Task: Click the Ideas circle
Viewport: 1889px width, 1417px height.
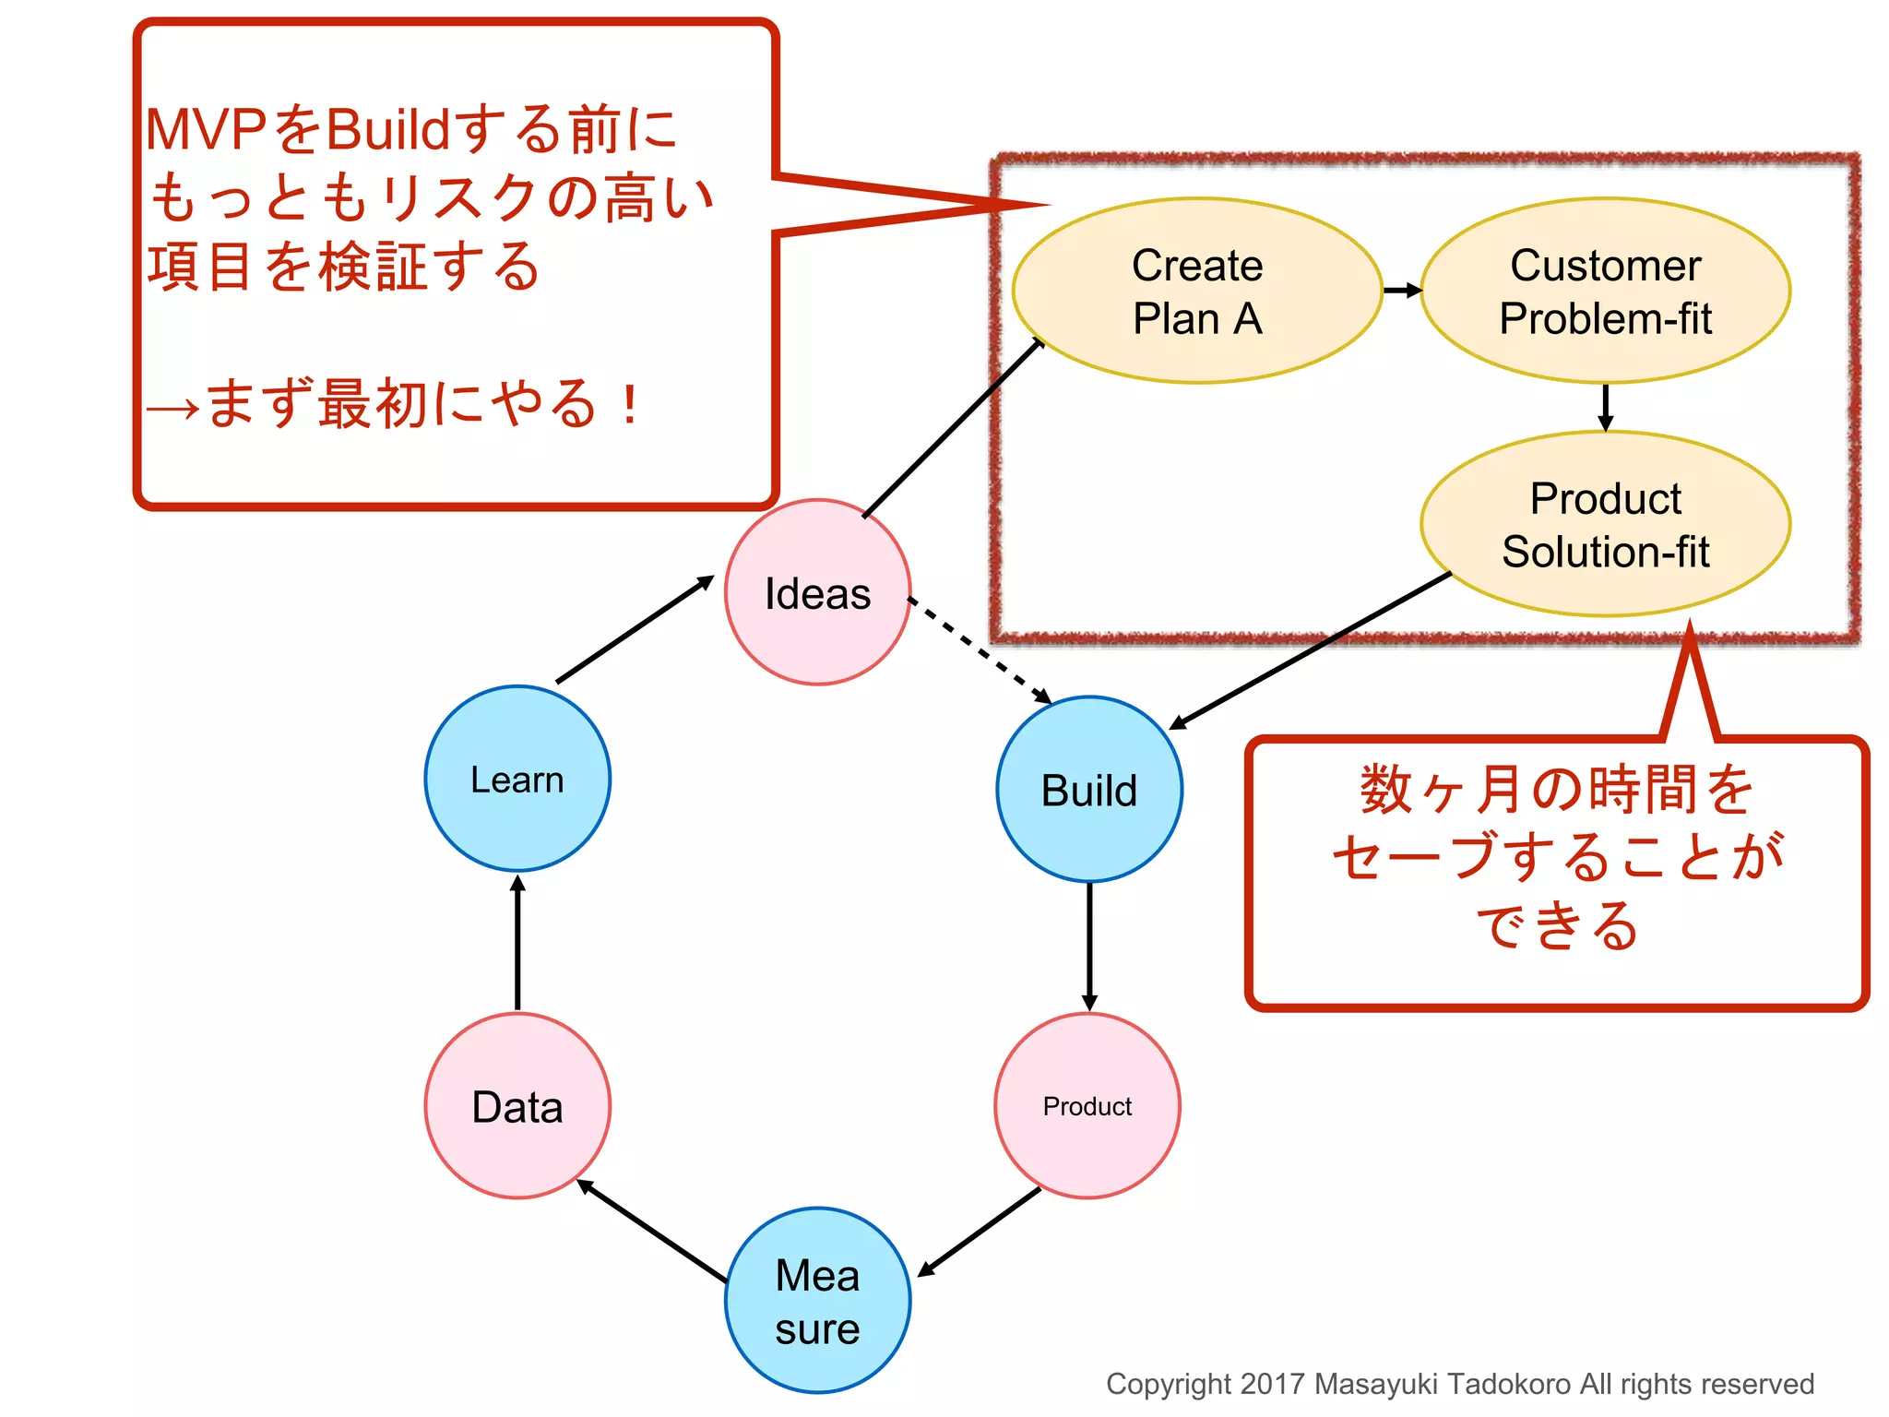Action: (x=817, y=592)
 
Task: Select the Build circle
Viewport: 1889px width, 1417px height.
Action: (x=1089, y=790)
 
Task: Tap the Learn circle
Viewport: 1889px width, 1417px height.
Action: (x=517, y=779)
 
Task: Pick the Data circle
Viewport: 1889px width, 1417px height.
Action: (x=517, y=1106)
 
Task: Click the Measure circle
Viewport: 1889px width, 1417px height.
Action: (x=817, y=1301)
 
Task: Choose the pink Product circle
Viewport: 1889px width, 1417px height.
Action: (x=1087, y=1106)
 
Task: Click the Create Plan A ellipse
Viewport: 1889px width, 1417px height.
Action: (x=1197, y=291)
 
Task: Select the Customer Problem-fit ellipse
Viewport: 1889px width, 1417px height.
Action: (x=1605, y=291)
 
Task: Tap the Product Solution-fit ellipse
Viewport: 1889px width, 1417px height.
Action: (x=1605, y=524)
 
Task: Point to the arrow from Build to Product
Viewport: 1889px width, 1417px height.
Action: (x=1089, y=946)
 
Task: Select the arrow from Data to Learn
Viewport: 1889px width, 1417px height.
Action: (x=517, y=943)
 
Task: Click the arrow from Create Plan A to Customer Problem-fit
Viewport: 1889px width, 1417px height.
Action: (x=1402, y=291)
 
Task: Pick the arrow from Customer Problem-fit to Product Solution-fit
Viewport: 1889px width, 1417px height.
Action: (x=1605, y=407)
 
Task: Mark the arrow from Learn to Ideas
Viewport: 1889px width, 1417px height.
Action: (x=635, y=630)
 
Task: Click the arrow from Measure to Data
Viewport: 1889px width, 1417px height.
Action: (x=652, y=1231)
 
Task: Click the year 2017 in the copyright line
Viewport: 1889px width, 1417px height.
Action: (x=1272, y=1384)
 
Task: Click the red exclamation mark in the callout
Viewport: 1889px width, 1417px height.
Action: (x=630, y=404)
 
